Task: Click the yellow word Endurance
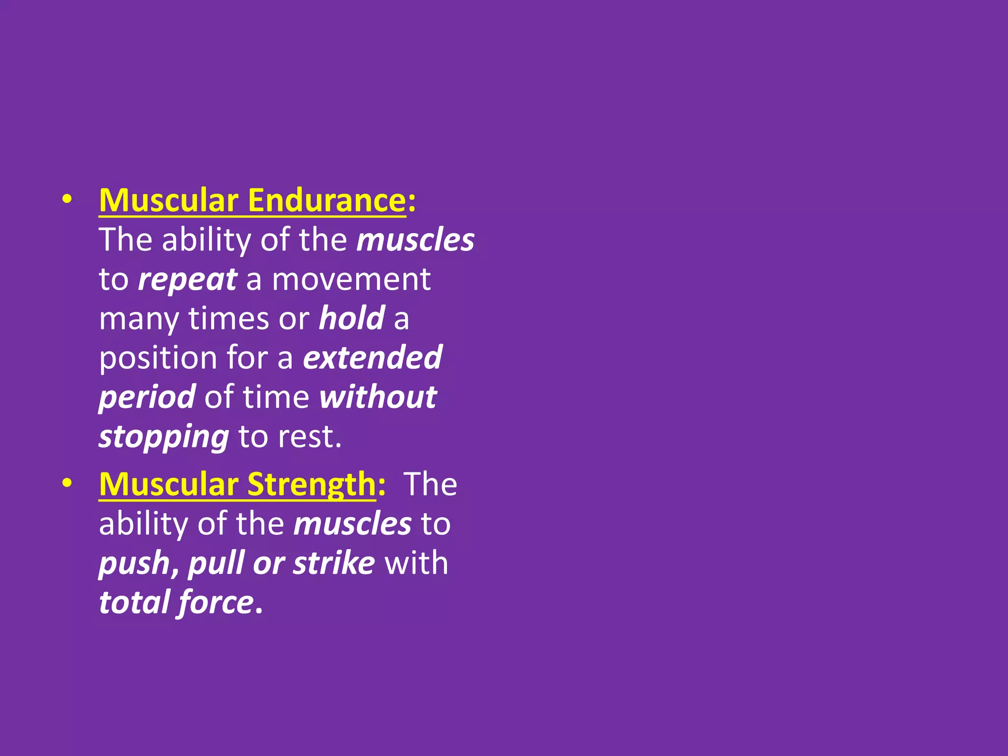(x=326, y=200)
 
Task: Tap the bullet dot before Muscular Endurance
(x=67, y=199)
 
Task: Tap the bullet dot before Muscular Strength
(x=67, y=483)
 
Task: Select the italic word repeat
(x=188, y=280)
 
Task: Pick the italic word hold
(x=351, y=318)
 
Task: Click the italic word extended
(x=372, y=357)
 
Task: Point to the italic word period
(x=147, y=397)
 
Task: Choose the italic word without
(x=378, y=397)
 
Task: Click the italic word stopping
(x=163, y=437)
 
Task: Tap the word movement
(x=351, y=280)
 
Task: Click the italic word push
(x=134, y=563)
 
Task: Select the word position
(x=158, y=358)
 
